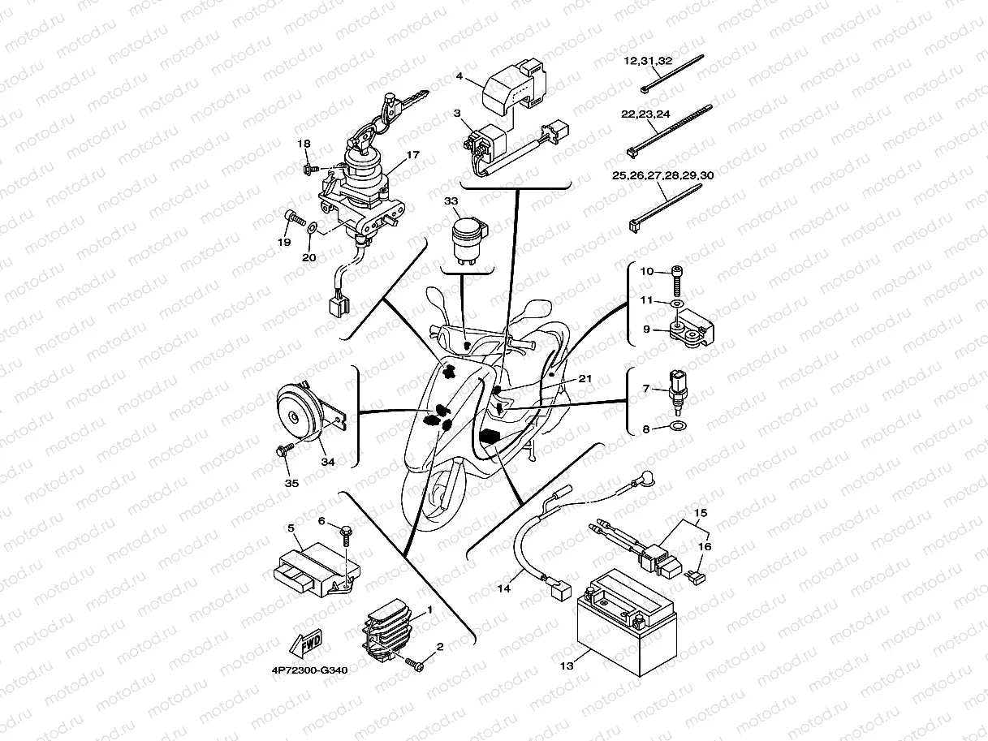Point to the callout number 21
[585, 379]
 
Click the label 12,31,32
[647, 61]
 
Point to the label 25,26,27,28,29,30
[662, 175]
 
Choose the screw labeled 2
[416, 664]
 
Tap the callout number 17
[412, 154]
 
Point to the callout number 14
[504, 588]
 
